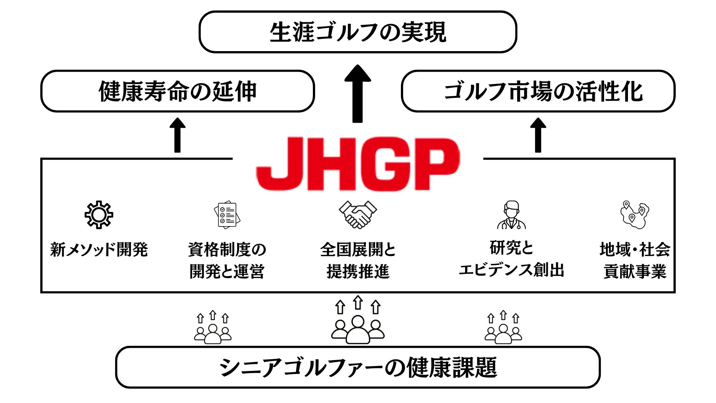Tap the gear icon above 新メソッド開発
point(98,215)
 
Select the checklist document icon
point(227,215)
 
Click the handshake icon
point(358,215)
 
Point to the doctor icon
point(511,215)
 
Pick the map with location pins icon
point(634,215)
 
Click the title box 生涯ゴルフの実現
point(358,32)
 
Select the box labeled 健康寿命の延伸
point(178,91)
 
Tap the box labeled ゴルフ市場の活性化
point(538,91)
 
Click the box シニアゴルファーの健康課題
point(358,367)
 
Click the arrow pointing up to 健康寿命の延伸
point(178,135)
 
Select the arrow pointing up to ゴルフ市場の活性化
point(538,135)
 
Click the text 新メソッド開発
point(99,249)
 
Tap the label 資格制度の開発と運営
point(227,260)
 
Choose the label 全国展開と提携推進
point(358,260)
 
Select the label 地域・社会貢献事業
point(635,260)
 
